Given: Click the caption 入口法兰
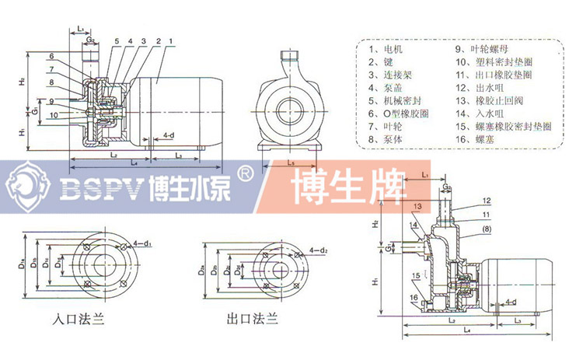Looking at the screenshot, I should (77, 317).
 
